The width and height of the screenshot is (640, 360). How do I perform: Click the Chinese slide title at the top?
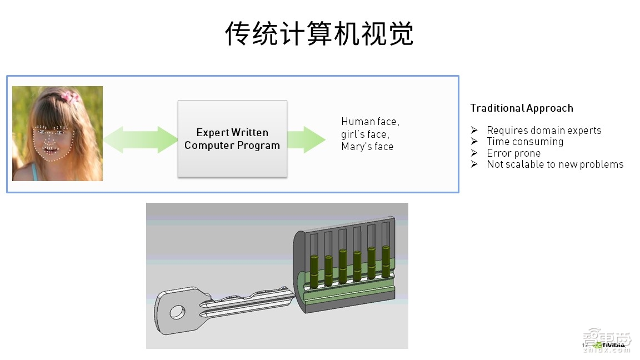tap(319, 34)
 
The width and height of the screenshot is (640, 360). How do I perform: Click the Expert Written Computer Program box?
tap(232, 139)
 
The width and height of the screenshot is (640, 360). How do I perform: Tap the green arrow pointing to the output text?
tap(306, 139)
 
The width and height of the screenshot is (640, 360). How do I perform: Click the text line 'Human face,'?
tap(370, 121)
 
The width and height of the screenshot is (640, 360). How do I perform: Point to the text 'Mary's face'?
tap(367, 147)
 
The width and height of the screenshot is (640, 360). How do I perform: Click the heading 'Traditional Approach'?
tap(522, 108)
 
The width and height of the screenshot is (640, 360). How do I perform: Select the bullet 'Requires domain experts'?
tap(544, 131)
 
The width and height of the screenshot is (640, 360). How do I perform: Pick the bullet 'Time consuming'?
tap(525, 142)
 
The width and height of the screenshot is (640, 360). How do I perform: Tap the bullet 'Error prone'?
tap(513, 153)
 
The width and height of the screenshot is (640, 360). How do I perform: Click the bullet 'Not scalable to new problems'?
tap(555, 164)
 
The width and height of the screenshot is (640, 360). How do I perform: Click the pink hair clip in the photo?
tap(70, 97)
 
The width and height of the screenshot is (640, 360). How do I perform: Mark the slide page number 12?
tap(584, 346)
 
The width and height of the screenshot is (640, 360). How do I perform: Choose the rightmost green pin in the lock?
tap(386, 262)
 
